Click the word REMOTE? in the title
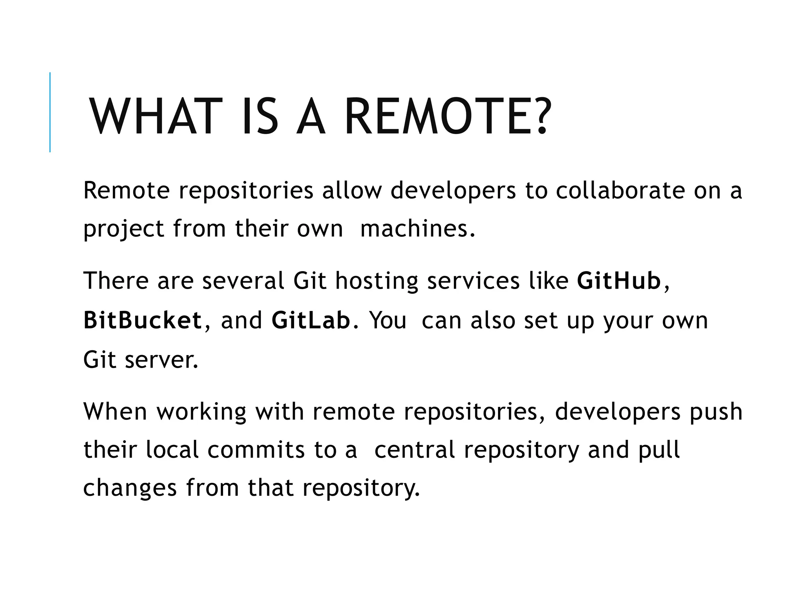click(x=448, y=116)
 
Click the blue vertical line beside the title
click(x=50, y=112)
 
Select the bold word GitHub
click(x=618, y=281)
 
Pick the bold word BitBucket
click(x=143, y=320)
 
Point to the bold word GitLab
click(x=311, y=320)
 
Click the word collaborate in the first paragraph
click(x=620, y=191)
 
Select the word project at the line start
click(x=123, y=229)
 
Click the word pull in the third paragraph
click(x=659, y=450)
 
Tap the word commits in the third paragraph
click(x=256, y=450)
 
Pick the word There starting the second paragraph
click(x=116, y=281)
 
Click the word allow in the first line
click(x=351, y=191)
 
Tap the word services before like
click(x=473, y=281)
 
